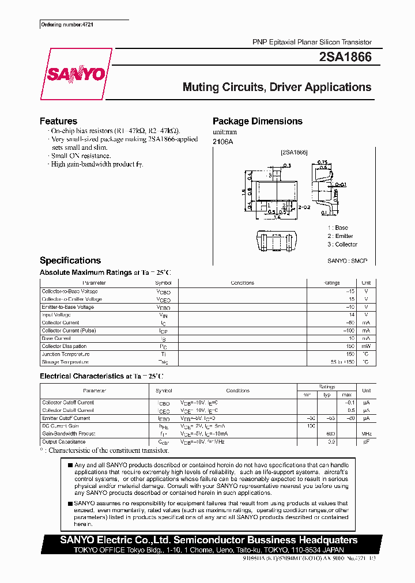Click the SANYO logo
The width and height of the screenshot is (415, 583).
(75, 74)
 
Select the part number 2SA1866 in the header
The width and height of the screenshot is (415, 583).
(345, 57)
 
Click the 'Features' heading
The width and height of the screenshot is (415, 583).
(58, 121)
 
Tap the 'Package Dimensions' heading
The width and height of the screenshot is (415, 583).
(257, 121)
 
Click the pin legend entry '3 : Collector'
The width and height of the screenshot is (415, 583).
(342, 244)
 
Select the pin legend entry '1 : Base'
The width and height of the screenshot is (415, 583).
(338, 228)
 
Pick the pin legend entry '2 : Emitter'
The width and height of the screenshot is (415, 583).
(340, 236)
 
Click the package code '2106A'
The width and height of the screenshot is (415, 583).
(222, 142)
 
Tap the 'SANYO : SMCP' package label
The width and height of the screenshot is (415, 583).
(347, 261)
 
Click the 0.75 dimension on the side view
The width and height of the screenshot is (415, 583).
(323, 162)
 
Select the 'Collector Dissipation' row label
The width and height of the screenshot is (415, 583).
(64, 346)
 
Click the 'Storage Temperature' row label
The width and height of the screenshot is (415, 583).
(65, 362)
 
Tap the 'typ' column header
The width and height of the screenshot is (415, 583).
(327, 394)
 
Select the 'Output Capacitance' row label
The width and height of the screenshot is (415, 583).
(63, 442)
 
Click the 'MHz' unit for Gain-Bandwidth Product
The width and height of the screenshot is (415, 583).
(366, 434)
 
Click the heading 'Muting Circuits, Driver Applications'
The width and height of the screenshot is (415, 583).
(277, 88)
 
